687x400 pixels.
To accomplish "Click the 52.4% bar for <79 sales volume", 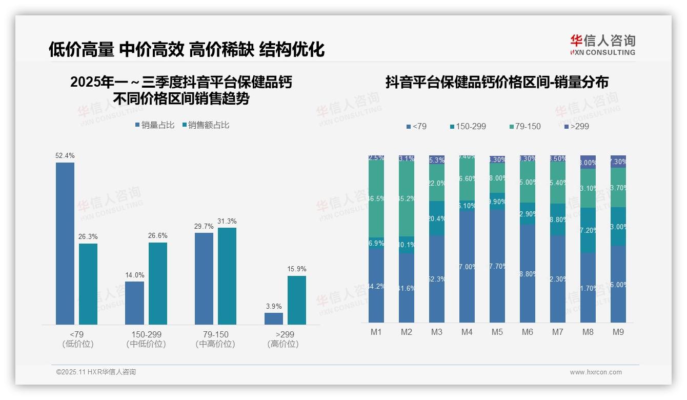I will tap(65, 243).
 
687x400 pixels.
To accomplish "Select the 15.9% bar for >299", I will tap(296, 300).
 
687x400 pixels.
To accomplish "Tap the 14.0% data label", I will tap(135, 275).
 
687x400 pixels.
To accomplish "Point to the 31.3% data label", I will tap(227, 222).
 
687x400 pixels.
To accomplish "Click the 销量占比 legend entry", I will tap(155, 125).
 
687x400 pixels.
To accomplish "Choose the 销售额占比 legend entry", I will tap(206, 125).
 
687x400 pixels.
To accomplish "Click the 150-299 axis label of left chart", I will tap(146, 334).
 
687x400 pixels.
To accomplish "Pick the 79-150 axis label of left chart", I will tap(215, 334).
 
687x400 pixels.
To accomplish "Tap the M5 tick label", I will tap(497, 332).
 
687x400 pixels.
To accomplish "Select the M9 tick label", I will tap(618, 332).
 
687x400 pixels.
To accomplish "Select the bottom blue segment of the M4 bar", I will tap(467, 267).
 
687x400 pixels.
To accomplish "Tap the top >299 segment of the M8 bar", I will tap(588, 162).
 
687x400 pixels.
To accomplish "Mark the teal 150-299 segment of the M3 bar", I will tap(436, 218).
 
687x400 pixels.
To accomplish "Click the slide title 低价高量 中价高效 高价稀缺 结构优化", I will tap(187, 50).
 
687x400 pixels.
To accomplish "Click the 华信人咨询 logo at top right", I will tap(602, 45).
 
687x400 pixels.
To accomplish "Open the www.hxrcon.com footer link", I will tap(596, 372).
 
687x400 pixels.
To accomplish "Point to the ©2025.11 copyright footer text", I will tap(96, 372).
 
